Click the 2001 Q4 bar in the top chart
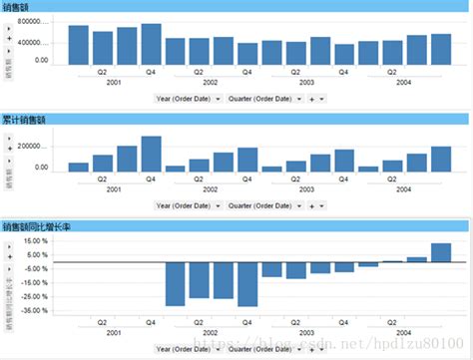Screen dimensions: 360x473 152,44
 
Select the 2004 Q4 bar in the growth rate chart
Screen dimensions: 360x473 441,252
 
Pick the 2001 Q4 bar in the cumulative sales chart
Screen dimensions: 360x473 152,155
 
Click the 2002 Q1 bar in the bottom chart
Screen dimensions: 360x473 176,283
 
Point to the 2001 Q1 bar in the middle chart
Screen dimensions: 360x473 78,168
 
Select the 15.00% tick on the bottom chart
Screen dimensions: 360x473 36,240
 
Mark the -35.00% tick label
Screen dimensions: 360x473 36,311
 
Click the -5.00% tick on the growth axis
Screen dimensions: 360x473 36,269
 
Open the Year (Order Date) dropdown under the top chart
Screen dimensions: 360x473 189,99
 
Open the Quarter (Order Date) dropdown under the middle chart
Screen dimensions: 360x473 263,205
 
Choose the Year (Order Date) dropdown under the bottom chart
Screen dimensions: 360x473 189,348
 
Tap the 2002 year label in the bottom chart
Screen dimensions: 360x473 212,332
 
